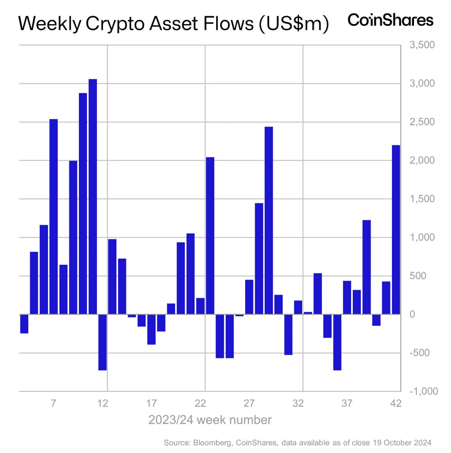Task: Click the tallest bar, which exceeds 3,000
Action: pos(93,196)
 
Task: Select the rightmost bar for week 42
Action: pos(396,230)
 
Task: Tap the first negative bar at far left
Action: pos(24,324)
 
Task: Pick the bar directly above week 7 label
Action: pos(54,217)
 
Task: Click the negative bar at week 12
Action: pos(102,342)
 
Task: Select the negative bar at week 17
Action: pos(151,329)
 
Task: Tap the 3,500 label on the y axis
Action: pos(422,45)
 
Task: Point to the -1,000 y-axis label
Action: pos(423,391)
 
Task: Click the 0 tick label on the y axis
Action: pos(412,314)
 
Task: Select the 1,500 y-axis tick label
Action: pos(422,199)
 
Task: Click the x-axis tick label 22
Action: pos(200,404)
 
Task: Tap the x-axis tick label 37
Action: pos(347,404)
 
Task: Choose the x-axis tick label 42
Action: pos(395,404)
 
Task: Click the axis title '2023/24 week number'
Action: pos(210,420)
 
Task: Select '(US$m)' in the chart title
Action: pos(294,24)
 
